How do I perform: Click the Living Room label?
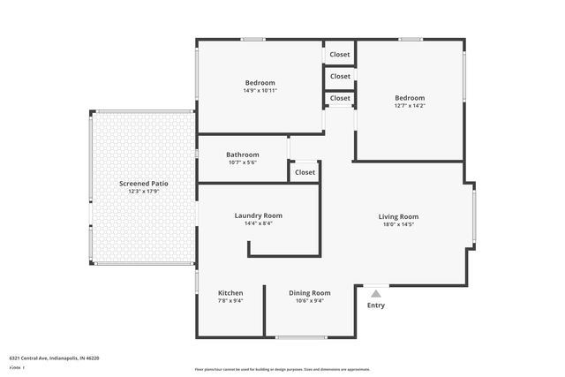398,216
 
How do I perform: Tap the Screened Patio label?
144,184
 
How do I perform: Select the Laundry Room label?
258,215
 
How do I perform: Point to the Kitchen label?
230,293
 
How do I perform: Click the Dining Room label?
310,293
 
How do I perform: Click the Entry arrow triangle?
376,294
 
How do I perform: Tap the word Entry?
376,305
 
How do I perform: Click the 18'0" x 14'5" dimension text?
398,224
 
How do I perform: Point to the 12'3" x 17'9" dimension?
144,192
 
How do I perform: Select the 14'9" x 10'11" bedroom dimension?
260,91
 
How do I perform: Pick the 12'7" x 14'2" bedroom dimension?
410,106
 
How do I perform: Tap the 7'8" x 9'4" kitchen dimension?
230,301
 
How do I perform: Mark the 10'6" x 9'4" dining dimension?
310,301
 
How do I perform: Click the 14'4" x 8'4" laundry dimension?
258,223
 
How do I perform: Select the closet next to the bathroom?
305,172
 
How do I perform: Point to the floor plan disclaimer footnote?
282,369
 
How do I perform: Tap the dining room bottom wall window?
301,336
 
